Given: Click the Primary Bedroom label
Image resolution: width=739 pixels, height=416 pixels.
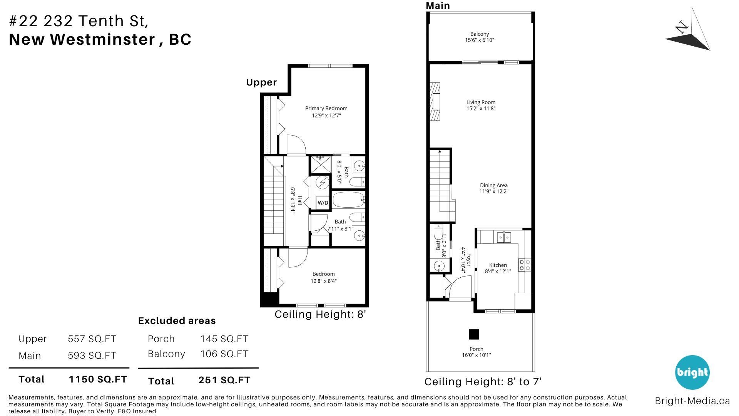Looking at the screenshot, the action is click(326, 109).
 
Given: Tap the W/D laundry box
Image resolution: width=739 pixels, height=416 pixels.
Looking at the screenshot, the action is click(323, 203).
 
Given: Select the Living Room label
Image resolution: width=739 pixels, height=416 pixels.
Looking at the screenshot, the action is click(481, 102).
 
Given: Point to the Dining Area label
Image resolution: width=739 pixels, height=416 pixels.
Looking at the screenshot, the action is click(494, 185).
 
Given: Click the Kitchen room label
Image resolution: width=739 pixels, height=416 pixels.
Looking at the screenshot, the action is click(498, 265).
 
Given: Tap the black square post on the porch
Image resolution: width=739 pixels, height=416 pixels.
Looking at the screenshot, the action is click(474, 334).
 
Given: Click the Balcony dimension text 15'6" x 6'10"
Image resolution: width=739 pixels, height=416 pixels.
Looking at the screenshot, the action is click(480, 40).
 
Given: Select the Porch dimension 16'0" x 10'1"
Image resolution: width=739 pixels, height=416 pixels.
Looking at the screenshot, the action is click(477, 355).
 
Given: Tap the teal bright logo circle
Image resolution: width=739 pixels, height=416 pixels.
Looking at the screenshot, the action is click(692, 372).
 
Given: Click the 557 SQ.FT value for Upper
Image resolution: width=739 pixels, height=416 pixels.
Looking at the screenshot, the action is click(92, 339).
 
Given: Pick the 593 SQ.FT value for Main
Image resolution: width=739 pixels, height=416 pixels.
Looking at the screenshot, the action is click(92, 356).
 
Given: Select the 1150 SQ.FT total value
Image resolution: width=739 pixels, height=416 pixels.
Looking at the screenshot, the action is click(98, 379).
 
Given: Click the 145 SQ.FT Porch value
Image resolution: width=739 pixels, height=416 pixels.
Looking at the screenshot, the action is click(224, 339).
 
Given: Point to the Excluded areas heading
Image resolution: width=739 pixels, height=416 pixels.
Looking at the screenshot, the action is click(177, 321).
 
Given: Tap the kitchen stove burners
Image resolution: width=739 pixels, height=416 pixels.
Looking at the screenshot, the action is click(525, 265).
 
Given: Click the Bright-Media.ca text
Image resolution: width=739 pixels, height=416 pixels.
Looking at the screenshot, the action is click(692, 401).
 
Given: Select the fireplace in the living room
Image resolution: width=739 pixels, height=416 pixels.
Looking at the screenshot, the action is click(435, 102).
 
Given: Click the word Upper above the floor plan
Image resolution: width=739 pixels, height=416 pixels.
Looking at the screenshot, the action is click(261, 82).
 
